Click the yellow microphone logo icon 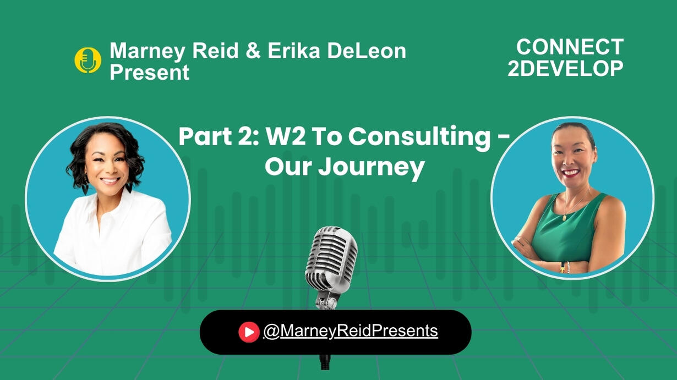pyautogui.click(x=88, y=60)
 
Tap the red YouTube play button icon pyautogui.click(x=249, y=332)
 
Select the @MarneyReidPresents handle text pyautogui.click(x=351, y=331)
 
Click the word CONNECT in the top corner pyautogui.click(x=570, y=47)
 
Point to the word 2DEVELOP pyautogui.click(x=565, y=68)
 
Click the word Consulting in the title pyautogui.click(x=419, y=137)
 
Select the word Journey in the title pyautogui.click(x=372, y=167)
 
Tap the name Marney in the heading pyautogui.click(x=147, y=51)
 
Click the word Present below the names pyautogui.click(x=150, y=72)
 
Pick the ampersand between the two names pyautogui.click(x=253, y=51)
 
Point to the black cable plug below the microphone pyautogui.click(x=325, y=361)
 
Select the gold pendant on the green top pyautogui.click(x=564, y=217)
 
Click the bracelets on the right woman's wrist pyautogui.click(x=565, y=267)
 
